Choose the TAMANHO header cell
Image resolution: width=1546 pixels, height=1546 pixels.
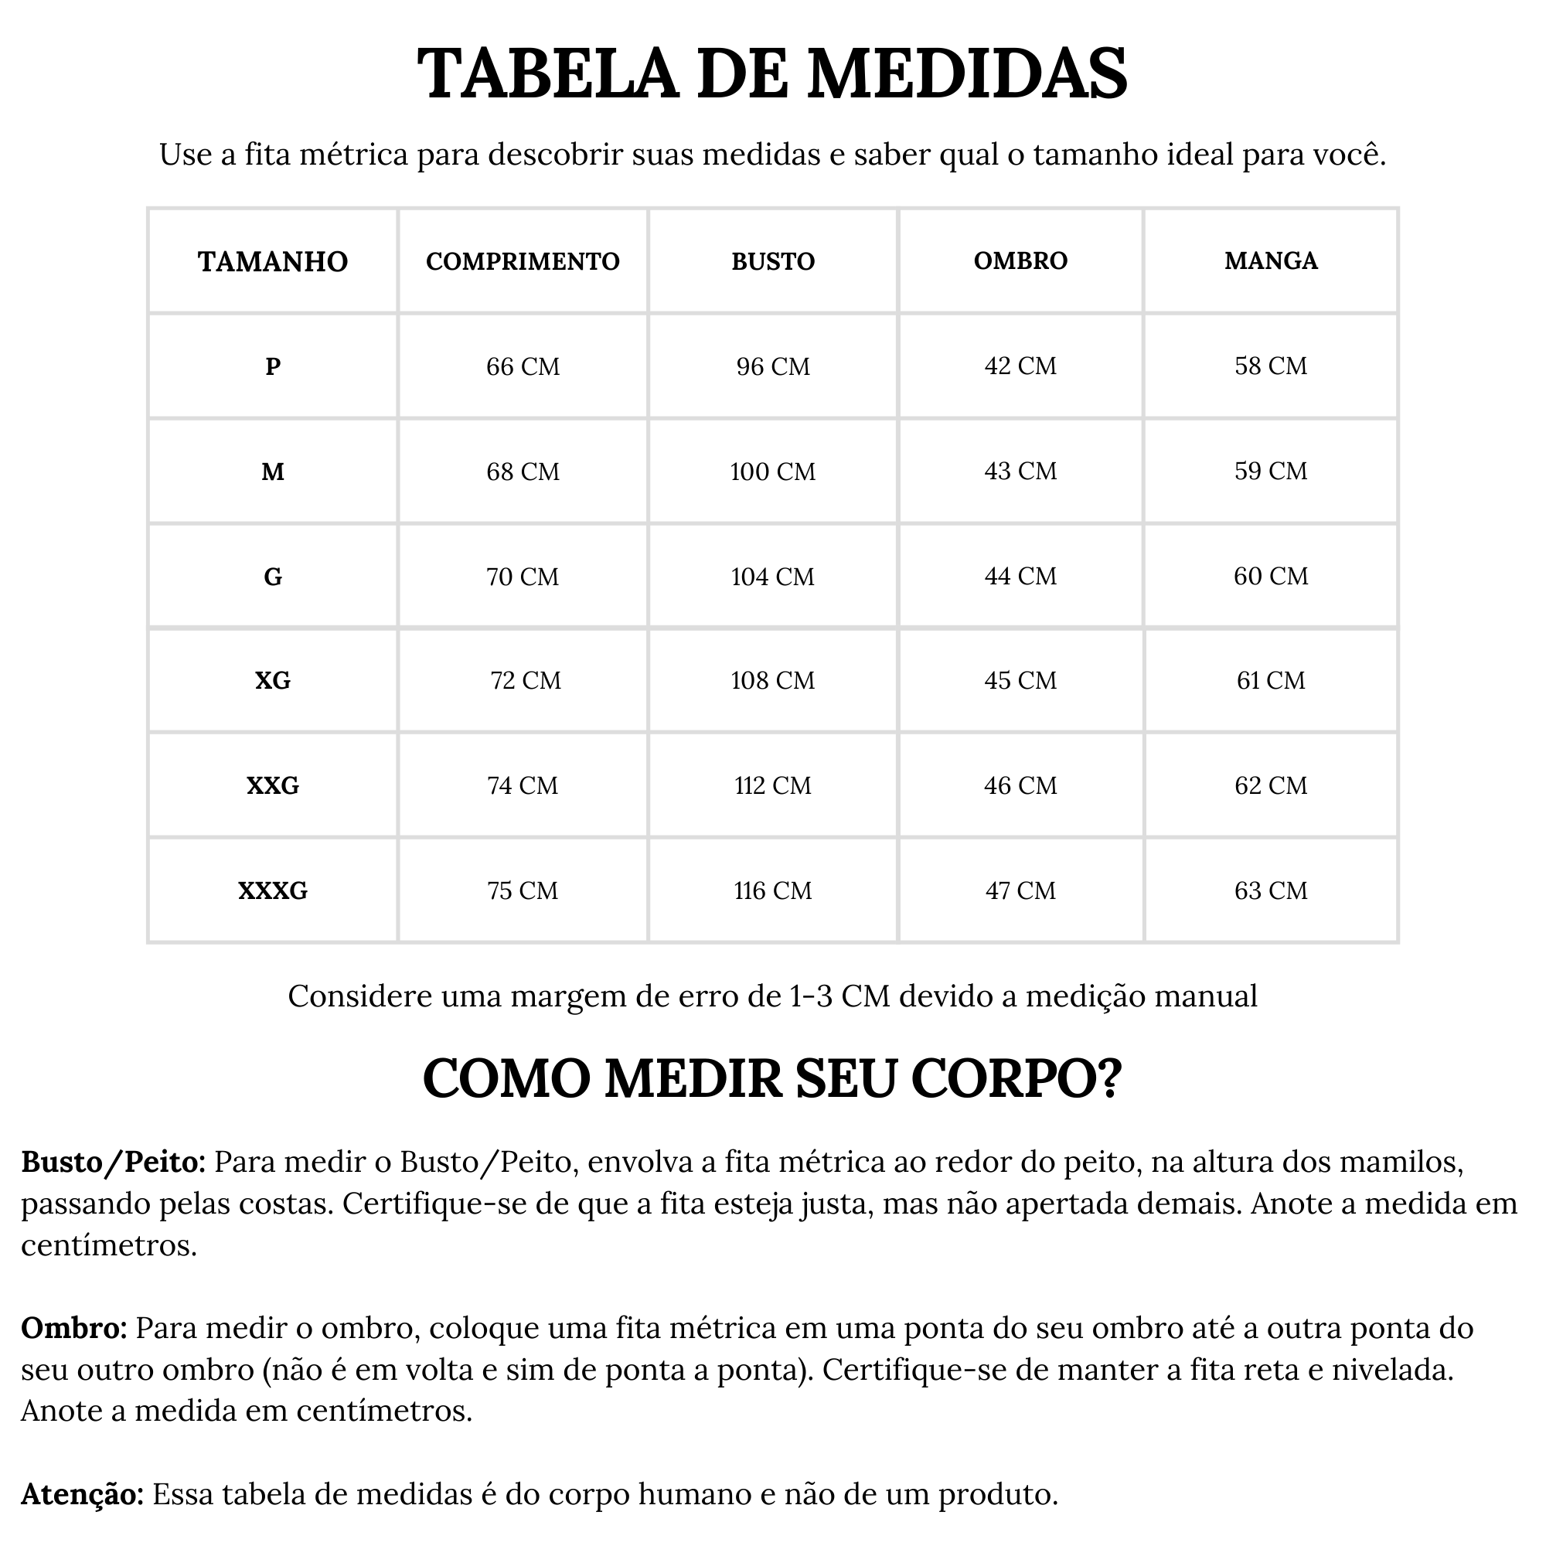[273, 262]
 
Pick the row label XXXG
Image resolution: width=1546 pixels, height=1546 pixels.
[273, 890]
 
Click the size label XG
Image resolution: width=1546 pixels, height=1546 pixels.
[273, 680]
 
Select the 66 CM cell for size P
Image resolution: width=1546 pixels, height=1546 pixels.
[523, 366]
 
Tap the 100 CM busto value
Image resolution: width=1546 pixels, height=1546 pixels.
[772, 472]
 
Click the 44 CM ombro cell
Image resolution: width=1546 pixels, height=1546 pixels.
[1020, 576]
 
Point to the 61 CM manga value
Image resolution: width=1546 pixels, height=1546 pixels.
[1271, 680]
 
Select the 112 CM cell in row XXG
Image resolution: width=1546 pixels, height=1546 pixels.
[772, 786]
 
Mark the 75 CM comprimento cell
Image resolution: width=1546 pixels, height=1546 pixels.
[523, 890]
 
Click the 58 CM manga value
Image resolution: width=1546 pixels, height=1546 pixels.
[1271, 366]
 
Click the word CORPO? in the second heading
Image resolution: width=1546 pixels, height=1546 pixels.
[1016, 1078]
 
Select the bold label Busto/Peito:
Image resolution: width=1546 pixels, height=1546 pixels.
[114, 1162]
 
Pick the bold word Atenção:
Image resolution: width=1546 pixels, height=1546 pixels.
[83, 1494]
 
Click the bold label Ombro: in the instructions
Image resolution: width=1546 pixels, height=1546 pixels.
[73, 1328]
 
